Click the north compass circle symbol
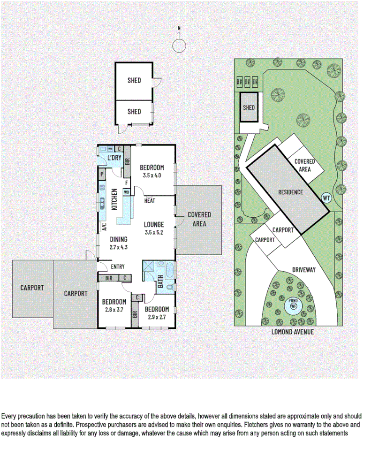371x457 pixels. point(179,46)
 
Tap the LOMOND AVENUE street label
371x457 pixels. point(292,331)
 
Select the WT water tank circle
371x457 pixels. point(326,198)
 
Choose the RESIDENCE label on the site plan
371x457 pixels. point(290,192)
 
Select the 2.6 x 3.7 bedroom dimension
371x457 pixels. point(114,309)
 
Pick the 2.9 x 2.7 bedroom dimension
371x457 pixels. point(156,317)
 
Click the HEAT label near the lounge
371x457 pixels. point(150,201)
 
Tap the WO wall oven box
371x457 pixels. point(126,192)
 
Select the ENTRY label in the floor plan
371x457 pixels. point(117,267)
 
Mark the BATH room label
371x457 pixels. point(160,283)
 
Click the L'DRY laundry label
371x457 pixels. point(114,158)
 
